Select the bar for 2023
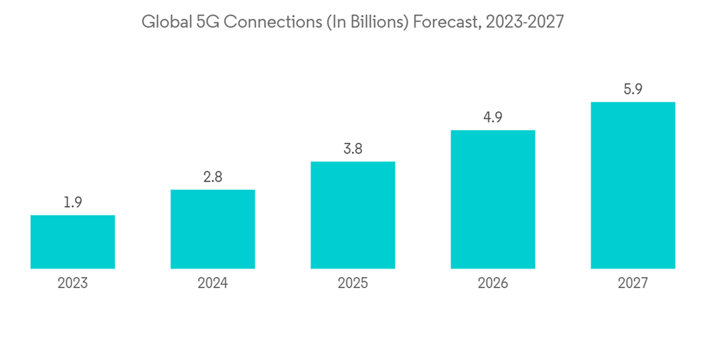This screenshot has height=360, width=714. coord(73,242)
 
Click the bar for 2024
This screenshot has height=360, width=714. coord(213,229)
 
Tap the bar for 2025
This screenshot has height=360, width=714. coord(353,215)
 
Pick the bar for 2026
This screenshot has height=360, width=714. coord(493,199)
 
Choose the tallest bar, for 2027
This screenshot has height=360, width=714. coord(633,185)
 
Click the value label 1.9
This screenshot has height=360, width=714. coord(73,203)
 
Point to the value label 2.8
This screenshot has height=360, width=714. coord(213,177)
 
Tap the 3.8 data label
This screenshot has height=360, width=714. coord(353,149)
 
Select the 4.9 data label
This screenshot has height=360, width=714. coord(493,118)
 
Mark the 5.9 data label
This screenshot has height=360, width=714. coord(633,90)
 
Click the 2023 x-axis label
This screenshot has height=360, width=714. coord(73,284)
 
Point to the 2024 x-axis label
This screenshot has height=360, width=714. coord(213,284)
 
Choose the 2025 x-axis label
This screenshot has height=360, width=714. coord(353,284)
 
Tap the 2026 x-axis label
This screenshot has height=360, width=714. coord(493,284)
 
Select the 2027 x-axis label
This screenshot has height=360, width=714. coord(633,284)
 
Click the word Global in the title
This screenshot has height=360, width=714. coord(162,22)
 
